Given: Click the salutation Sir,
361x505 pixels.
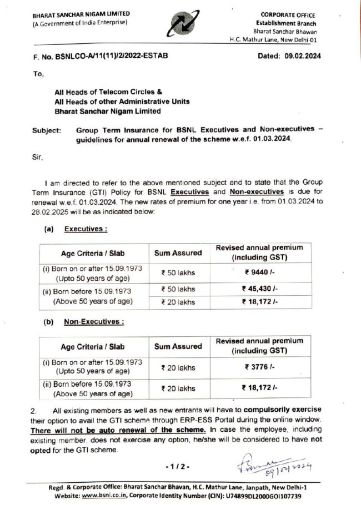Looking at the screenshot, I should click(38, 157).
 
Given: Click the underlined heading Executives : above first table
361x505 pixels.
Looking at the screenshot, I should click(86, 229).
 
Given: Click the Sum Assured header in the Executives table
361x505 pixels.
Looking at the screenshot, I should click(178, 252).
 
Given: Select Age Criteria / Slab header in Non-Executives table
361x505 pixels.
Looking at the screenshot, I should click(93, 346).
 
